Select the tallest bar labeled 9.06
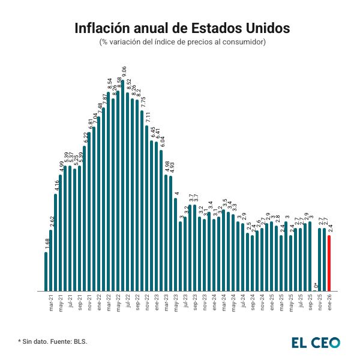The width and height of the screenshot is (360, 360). point(123,186)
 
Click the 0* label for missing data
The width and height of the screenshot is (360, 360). point(316,286)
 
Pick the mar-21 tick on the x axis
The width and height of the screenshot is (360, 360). point(52,304)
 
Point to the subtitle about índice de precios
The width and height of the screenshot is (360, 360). point(182,42)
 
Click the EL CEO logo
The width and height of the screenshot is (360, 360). point(316,342)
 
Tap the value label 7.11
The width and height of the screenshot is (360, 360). point(148,118)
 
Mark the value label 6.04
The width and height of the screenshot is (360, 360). point(162,142)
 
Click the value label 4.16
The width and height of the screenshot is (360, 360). point(56,187)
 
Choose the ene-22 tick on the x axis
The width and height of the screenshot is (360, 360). point(100,304)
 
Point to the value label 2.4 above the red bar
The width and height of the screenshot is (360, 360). point(330,229)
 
